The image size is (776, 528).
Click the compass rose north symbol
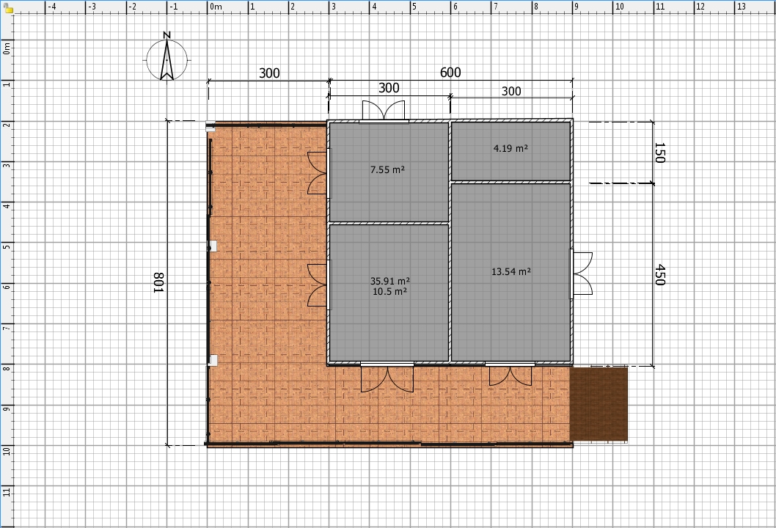tap(166, 59)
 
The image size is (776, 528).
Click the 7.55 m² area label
tap(387, 169)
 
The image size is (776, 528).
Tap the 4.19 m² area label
tap(510, 148)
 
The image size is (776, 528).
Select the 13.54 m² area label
tap(511, 271)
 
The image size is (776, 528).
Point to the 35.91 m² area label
tap(390, 281)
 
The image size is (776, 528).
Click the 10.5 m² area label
tap(390, 291)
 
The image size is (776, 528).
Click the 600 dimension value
tap(450, 73)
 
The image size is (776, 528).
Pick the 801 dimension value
tap(158, 282)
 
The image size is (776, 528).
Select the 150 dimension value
tap(659, 153)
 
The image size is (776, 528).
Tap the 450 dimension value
tap(659, 275)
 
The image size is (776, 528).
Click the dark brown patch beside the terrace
tap(599, 404)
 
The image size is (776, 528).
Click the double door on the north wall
tap(384, 111)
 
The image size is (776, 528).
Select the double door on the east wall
tap(582, 274)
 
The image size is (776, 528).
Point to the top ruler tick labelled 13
tap(742, 7)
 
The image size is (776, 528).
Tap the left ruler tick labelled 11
tap(7, 491)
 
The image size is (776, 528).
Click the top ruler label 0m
tap(216, 7)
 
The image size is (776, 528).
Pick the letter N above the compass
tap(166, 35)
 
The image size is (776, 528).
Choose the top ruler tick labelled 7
tap(495, 7)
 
